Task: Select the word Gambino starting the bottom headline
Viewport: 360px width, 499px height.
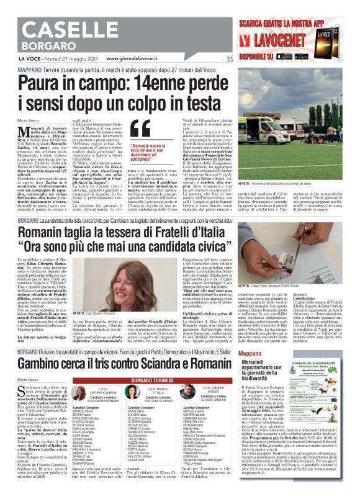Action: [46, 362]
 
